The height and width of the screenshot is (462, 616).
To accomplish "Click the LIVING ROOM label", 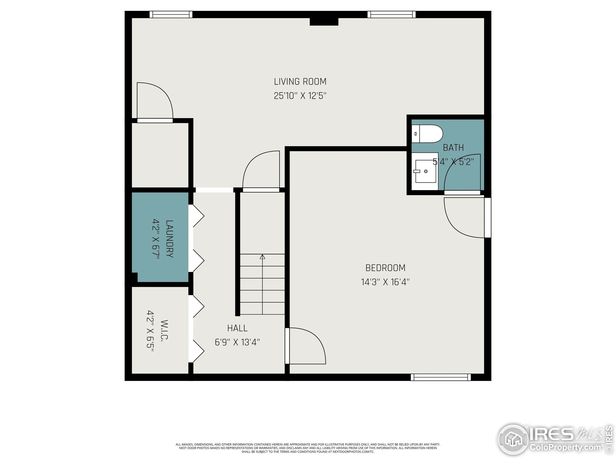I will (300, 82).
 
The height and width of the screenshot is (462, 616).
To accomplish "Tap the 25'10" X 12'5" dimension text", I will (300, 96).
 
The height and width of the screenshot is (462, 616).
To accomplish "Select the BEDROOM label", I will (385, 268).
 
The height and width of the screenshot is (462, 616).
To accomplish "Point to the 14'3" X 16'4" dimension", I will (385, 282).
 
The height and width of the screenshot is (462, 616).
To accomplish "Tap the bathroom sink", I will (425, 171).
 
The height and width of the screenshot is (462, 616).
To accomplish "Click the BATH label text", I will (453, 148).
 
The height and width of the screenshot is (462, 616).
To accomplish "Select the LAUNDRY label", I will (169, 239).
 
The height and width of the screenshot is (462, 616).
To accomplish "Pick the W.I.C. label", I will (164, 330).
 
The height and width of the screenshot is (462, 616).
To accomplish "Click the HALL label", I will (237, 328).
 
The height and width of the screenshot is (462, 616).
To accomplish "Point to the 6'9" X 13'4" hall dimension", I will (237, 342).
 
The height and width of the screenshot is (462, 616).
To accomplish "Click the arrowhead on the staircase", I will (262, 257).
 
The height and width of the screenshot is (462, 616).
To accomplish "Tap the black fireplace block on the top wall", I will (324, 22).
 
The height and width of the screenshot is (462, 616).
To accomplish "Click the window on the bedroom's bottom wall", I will (441, 377).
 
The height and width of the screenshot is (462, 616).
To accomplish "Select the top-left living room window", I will (171, 14).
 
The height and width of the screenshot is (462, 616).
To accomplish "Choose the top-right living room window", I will (391, 14).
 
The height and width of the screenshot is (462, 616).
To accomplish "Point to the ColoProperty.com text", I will (565, 448).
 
